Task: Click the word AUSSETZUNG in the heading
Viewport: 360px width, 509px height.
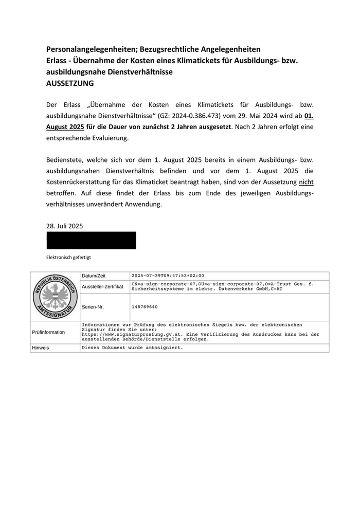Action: pos(70,83)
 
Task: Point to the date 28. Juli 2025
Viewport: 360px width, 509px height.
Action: pos(64,226)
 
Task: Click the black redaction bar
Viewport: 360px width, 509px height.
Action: pos(91,240)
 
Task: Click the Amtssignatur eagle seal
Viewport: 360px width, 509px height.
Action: pos(55,297)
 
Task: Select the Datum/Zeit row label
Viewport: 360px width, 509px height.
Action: pos(94,276)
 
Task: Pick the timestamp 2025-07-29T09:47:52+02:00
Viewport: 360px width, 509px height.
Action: pos(168,276)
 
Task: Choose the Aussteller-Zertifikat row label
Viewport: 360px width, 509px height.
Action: pos(102,286)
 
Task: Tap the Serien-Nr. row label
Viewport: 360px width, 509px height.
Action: pos(93,307)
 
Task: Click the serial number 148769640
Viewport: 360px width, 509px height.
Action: pos(145,307)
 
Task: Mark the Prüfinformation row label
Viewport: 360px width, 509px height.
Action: pos(48,332)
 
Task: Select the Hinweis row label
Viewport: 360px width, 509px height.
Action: pos(40,348)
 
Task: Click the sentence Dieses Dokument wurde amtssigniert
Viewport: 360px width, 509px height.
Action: pos(132,348)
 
